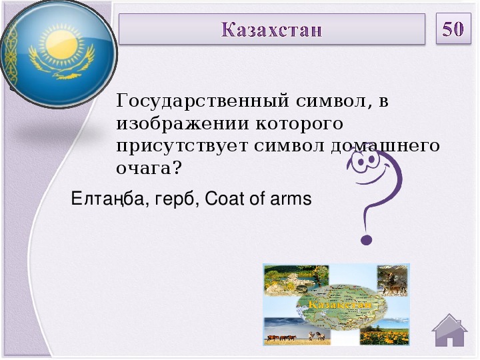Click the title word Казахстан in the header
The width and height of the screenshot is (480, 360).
click(x=271, y=30)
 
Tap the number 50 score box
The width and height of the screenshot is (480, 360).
click(x=453, y=29)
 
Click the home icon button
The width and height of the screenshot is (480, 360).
click(x=449, y=330)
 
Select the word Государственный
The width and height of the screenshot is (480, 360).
click(x=203, y=101)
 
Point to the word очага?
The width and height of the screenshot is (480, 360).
click(x=149, y=168)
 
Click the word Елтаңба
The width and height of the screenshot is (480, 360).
click(x=110, y=199)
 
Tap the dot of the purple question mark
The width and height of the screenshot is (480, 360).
click(x=366, y=240)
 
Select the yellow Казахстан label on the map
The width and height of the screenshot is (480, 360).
click(x=340, y=305)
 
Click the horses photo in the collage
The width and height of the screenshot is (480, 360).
click(x=297, y=331)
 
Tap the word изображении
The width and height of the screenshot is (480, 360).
click(x=183, y=124)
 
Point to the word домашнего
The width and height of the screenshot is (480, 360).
click(x=385, y=146)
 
